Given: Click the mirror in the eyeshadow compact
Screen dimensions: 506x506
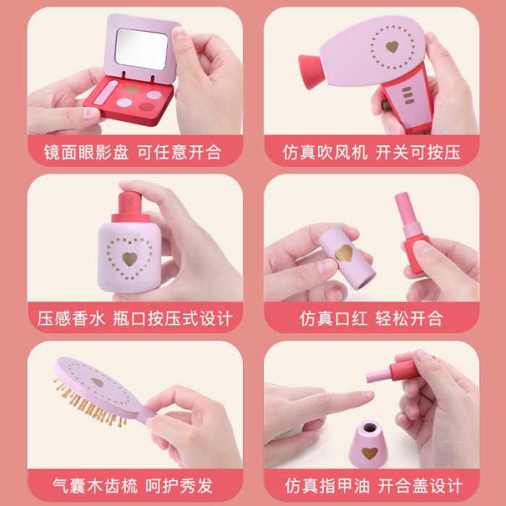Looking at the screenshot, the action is (142, 49).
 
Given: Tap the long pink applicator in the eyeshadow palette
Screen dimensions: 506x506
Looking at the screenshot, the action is (106, 93).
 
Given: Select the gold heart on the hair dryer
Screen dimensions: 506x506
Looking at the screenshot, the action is (392, 47).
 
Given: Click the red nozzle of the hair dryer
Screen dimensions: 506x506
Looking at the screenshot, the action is (311, 72).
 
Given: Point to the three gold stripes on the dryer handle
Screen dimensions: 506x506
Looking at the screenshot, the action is (408, 95).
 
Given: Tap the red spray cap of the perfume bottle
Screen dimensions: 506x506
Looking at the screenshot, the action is (130, 207).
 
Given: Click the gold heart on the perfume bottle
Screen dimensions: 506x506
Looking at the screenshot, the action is (129, 259).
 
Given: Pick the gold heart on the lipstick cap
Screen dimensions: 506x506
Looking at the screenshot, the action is (343, 253).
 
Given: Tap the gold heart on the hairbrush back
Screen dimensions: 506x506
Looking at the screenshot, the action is (98, 382).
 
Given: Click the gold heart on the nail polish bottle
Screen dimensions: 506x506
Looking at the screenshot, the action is (369, 453).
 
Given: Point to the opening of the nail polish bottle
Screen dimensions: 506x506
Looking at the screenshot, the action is (369, 428).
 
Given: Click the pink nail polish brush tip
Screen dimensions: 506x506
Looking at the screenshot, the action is (378, 375).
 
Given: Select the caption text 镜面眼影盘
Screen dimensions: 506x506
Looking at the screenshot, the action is (86, 153).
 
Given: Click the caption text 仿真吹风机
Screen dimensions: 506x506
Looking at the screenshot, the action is (325, 153).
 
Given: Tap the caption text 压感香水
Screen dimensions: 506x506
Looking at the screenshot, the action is (72, 319).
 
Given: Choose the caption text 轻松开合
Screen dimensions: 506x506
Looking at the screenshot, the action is (409, 319).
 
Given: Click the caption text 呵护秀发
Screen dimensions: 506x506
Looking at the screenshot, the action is (179, 486).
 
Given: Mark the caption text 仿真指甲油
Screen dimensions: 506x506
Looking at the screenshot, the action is (327, 486).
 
